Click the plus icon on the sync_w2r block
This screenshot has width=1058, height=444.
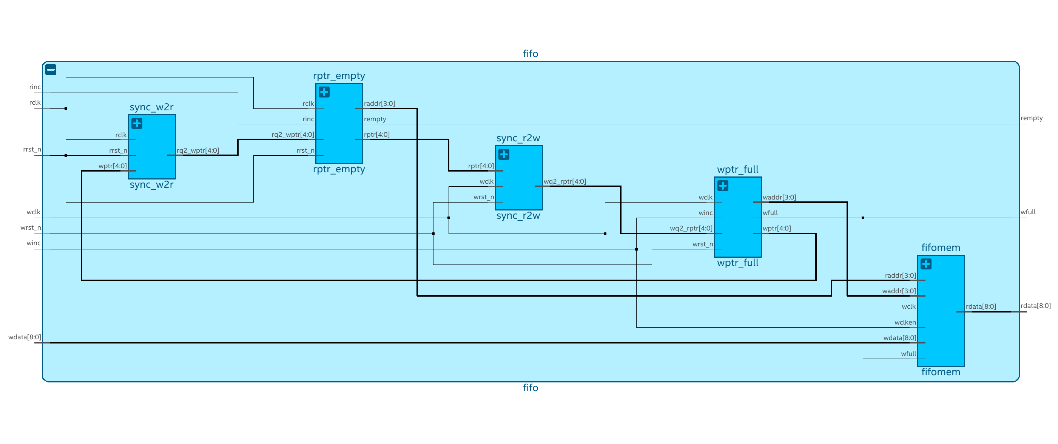point(137,123)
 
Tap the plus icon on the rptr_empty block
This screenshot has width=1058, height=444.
point(324,92)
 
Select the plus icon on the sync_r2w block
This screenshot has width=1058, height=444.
point(504,155)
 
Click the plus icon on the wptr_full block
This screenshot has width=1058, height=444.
point(723,186)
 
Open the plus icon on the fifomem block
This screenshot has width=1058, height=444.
point(926,264)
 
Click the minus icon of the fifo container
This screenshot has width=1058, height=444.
point(51,70)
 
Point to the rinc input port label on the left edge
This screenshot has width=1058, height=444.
point(35,87)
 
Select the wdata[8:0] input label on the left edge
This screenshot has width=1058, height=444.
point(25,337)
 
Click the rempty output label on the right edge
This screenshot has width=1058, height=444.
point(1031,118)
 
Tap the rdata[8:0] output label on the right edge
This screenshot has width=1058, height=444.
point(1035,306)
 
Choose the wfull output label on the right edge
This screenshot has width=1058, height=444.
point(1028,212)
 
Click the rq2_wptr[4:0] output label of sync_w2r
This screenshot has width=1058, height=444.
point(198,150)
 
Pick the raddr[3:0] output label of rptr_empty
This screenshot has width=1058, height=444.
point(379,104)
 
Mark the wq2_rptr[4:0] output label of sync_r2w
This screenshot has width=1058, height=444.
point(565,181)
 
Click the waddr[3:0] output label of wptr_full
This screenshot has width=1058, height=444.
point(779,197)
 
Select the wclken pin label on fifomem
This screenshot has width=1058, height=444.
point(905,322)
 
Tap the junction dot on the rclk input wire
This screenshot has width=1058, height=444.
point(66,108)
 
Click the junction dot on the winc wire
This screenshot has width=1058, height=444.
point(636,249)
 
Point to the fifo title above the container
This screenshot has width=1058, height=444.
point(530,54)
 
